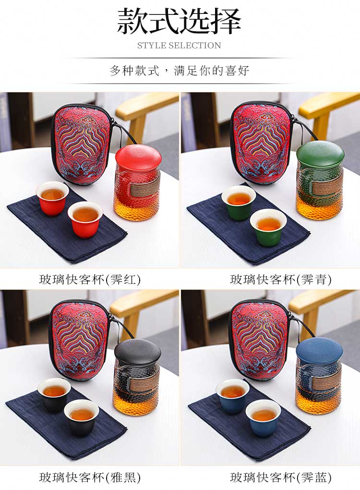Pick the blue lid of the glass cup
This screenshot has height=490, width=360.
(319, 349)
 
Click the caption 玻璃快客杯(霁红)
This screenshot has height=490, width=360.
(90, 279)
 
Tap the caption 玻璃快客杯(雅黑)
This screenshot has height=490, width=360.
(90, 477)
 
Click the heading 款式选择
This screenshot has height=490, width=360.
(180, 21)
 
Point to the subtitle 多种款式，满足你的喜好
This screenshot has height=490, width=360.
(180, 71)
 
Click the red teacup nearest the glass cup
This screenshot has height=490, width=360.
(85, 219)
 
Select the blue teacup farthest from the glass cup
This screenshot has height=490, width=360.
(232, 395)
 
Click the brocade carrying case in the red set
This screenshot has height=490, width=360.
(81, 144)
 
